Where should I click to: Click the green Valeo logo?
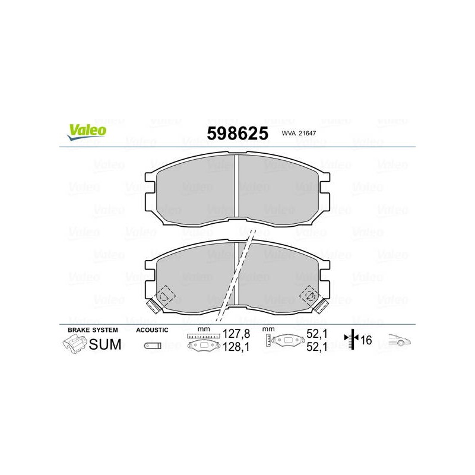coord(87,132)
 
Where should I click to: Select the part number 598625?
coord(237,133)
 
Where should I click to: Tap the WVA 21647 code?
coord(299,133)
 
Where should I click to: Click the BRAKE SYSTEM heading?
coord(93,330)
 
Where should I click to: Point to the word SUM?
coord(105,344)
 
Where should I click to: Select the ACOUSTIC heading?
coord(152,330)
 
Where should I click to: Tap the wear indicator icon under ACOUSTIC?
coord(153,346)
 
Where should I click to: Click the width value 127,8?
coord(236,334)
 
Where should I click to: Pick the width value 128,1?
coord(236,347)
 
